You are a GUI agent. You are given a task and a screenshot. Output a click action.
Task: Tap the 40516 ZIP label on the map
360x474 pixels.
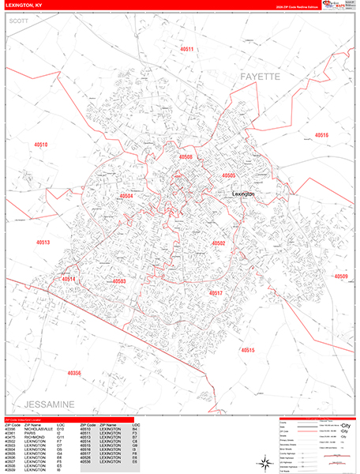[x=321, y=135]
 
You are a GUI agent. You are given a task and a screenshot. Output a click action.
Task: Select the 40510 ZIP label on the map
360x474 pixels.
[x=41, y=145]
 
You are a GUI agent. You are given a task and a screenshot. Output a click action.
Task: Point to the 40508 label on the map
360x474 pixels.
[x=186, y=156]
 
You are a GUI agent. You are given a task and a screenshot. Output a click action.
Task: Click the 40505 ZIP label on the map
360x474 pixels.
[x=229, y=175]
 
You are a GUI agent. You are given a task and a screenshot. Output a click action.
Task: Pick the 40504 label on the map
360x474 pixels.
[x=126, y=196]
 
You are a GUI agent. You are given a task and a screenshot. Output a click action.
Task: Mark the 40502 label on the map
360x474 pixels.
[x=219, y=243]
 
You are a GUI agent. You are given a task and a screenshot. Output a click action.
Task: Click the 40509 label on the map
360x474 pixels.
[x=340, y=276]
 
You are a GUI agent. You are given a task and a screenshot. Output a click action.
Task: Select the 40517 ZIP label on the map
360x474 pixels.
[x=216, y=293]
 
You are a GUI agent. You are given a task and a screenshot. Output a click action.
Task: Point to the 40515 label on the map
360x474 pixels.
[x=248, y=349]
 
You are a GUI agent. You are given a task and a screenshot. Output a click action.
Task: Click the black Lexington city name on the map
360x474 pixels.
[x=244, y=194]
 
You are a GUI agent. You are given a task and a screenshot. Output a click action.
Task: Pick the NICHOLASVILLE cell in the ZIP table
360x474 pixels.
[x=39, y=429]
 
